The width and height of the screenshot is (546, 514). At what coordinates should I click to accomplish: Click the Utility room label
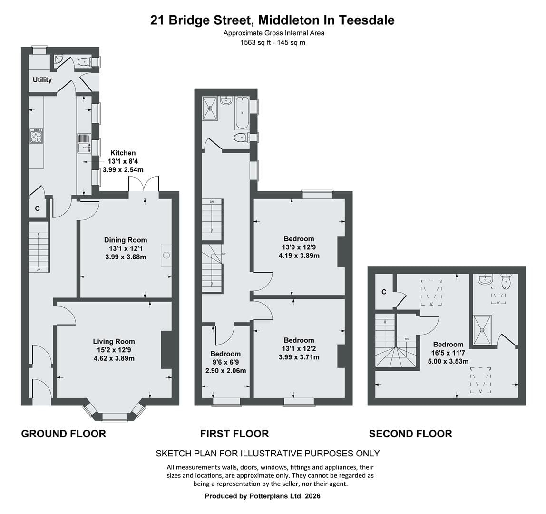[42, 80]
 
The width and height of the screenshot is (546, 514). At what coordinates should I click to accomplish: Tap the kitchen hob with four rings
[36, 136]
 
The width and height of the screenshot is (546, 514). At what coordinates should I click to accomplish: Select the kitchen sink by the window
[84, 144]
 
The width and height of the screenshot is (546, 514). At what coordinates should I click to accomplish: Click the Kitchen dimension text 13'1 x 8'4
[123, 161]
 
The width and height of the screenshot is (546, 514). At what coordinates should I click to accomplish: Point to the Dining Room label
[126, 240]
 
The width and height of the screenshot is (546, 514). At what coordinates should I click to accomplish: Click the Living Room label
[114, 342]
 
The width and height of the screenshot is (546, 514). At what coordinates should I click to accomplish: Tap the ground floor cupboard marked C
[37, 208]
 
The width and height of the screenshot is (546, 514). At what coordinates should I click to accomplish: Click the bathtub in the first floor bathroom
[242, 113]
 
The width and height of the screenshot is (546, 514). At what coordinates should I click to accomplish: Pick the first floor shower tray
[210, 109]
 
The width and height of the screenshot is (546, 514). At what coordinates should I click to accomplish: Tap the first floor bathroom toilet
[241, 138]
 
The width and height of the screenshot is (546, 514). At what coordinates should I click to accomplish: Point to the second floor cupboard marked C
[384, 292]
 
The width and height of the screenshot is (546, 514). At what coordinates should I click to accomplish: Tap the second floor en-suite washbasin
[485, 279]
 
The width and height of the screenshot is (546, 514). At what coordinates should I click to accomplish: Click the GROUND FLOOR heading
[64, 434]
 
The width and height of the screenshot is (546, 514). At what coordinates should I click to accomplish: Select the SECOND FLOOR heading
[410, 434]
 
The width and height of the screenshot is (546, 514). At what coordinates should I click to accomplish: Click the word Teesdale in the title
[367, 20]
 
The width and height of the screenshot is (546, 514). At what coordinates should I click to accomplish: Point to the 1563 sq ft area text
[255, 42]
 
